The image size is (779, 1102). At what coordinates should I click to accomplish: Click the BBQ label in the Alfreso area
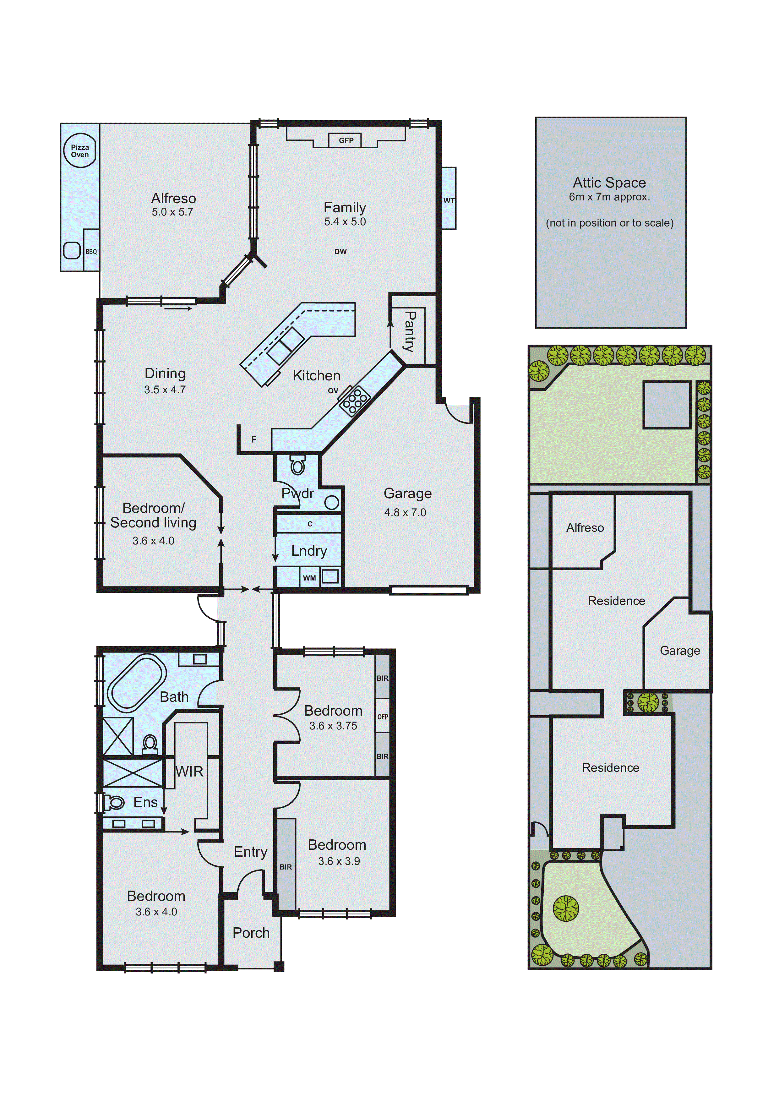[91, 252]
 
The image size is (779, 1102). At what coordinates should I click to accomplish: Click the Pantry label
[409, 331]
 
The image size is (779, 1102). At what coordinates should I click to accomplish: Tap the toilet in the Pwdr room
[297, 465]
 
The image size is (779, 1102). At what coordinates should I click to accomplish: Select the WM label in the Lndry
[309, 578]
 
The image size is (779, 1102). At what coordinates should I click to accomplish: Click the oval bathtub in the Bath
[136, 682]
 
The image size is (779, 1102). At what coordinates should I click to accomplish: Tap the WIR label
[190, 772]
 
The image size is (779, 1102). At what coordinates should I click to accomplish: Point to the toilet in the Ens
[115, 802]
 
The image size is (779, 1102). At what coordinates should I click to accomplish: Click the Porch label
[251, 933]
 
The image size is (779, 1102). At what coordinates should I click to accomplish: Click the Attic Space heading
[609, 183]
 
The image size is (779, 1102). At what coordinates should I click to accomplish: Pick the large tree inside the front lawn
[566, 908]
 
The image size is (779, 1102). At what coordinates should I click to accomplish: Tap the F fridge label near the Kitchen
[254, 439]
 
